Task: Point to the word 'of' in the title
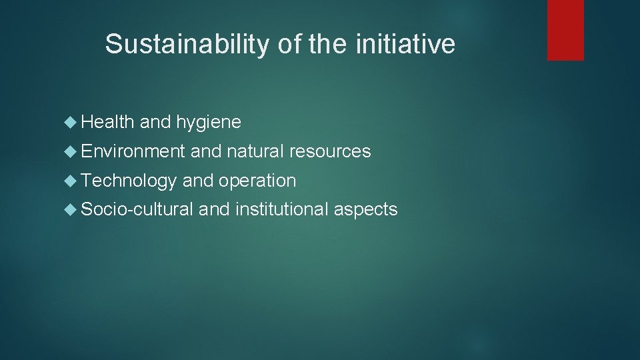284,45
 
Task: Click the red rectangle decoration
565,29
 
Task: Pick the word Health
107,122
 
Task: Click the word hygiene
209,123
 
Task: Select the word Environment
133,151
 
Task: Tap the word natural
256,151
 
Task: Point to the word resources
330,151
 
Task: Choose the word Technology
129,181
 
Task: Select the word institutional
283,209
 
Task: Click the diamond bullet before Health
72,123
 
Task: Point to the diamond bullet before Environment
72,152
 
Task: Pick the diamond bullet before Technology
72,181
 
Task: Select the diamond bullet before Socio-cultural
72,210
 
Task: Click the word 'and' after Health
155,122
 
